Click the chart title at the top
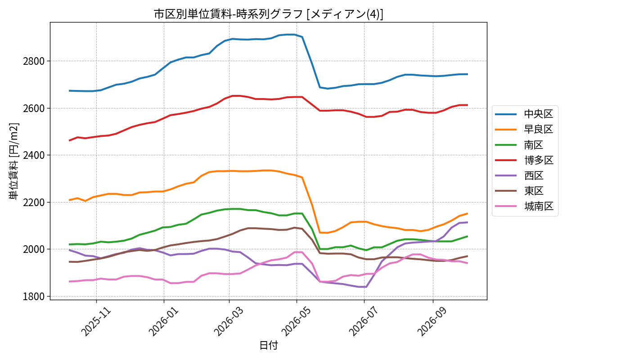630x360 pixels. point(269,14)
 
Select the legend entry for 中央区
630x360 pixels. point(524,114)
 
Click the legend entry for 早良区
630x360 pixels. point(524,130)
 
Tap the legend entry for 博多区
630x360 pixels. point(524,160)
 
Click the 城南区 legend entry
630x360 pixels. point(524,207)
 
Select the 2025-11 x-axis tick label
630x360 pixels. point(96,321)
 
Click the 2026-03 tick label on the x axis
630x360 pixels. point(229,321)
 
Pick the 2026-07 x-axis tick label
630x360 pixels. point(364,321)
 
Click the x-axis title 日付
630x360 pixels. point(269,345)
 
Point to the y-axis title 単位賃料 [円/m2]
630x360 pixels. point(14,161)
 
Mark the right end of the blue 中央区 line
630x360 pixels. point(468,74)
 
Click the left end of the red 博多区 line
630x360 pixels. point(69,140)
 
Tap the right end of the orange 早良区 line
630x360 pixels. point(468,213)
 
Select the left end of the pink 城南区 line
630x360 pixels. point(69,282)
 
